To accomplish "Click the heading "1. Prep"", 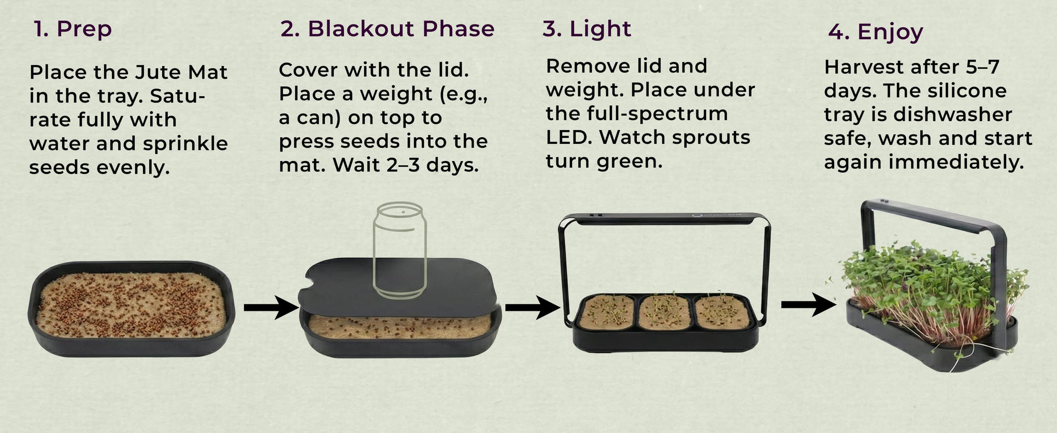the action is [x=73, y=29].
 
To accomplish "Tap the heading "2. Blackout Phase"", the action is [x=388, y=29].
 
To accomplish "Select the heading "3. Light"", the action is [x=587, y=29].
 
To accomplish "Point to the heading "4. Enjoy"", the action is [x=876, y=32].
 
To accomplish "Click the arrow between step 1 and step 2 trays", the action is [x=271, y=307].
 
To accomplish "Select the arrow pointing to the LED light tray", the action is [x=533, y=307].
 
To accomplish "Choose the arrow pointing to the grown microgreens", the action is [x=808, y=305].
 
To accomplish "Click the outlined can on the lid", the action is [x=400, y=251].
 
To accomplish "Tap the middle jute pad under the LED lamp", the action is [x=664, y=312].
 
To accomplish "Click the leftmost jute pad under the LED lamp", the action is [x=607, y=312].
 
